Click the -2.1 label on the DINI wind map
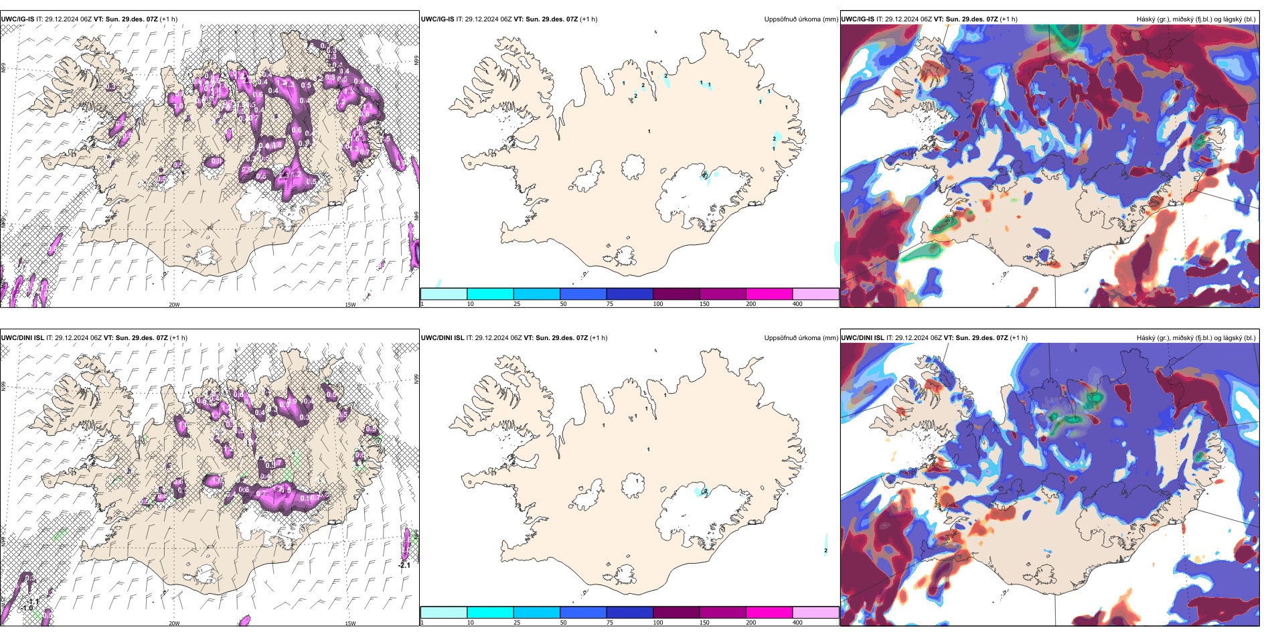(x=404, y=565)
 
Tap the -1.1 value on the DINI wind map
(x=33, y=601)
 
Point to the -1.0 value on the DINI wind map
(x=27, y=608)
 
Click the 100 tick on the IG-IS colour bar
(x=658, y=304)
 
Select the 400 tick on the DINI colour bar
(x=797, y=623)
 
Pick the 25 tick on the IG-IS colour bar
(x=517, y=304)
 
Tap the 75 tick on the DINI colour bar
(x=610, y=623)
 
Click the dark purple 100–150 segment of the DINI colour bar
(x=675, y=613)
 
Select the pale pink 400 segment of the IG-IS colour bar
(x=815, y=294)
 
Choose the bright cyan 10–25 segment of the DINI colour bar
(x=489, y=613)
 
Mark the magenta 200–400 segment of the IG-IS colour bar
(x=769, y=294)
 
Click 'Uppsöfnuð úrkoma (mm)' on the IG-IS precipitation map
(x=801, y=19)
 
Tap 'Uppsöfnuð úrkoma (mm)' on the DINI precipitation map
(x=801, y=338)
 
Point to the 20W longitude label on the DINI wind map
(x=174, y=623)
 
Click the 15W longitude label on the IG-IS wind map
(x=349, y=305)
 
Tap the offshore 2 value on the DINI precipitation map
(x=825, y=550)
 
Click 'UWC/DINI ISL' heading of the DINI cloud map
(x=862, y=338)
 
